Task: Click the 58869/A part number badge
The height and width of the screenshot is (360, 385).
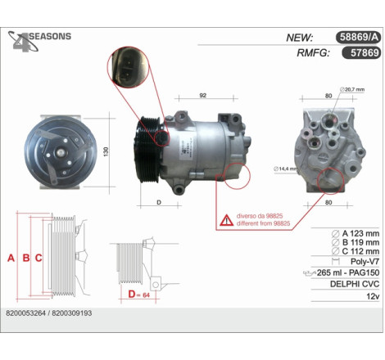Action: [x=358, y=37]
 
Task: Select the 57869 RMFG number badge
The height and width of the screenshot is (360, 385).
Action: [x=361, y=52]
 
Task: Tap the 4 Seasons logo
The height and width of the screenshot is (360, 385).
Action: [x=39, y=41]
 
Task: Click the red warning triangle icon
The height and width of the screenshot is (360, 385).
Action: [x=227, y=220]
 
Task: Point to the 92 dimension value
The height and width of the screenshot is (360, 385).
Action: [x=203, y=95]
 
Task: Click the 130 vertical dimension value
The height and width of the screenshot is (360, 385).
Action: [x=106, y=151]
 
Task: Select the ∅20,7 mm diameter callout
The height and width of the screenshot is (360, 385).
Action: [x=352, y=89]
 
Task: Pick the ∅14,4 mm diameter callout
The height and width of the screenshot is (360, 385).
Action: [x=285, y=169]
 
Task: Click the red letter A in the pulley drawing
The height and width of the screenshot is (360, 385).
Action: [x=11, y=258]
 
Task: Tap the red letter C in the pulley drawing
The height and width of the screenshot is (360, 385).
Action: [x=38, y=258]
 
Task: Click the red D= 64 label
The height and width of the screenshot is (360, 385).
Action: [x=139, y=295]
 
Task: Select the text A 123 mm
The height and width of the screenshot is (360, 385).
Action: [x=360, y=233]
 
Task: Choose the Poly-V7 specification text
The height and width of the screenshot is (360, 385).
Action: [x=365, y=261]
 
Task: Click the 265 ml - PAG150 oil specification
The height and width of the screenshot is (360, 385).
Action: [x=348, y=272]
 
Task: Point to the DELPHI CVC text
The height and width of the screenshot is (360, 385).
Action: [x=355, y=284]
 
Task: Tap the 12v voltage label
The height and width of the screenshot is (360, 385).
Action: [x=373, y=296]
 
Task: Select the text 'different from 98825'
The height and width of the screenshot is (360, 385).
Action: [x=263, y=223]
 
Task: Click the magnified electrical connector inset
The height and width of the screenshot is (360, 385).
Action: [x=128, y=67]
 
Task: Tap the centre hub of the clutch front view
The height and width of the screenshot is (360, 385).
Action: [x=60, y=152]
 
